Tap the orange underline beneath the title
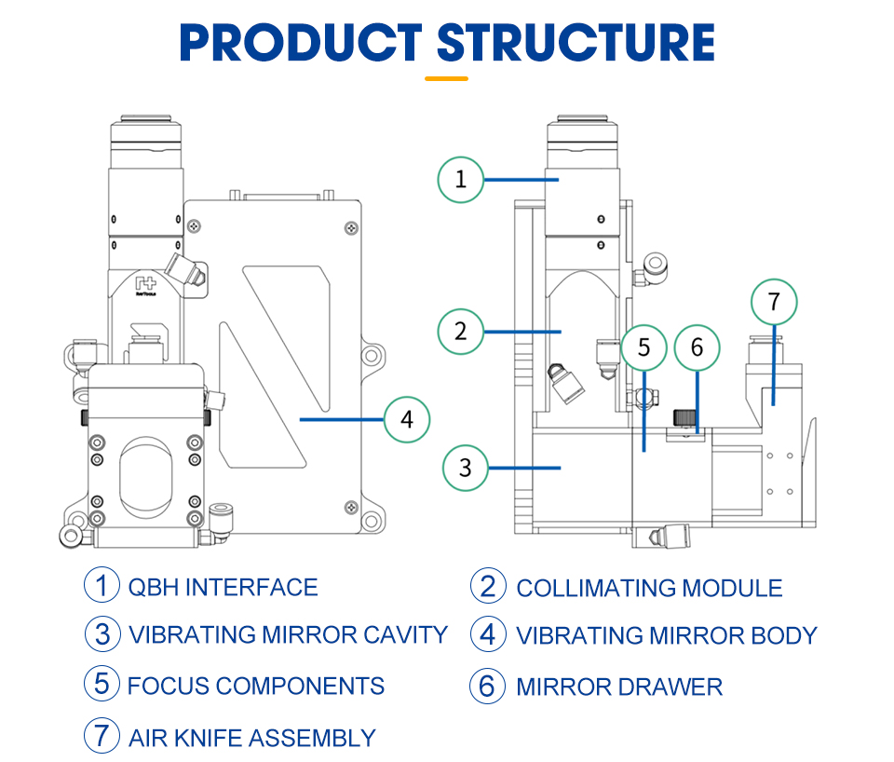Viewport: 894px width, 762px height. pos(446,79)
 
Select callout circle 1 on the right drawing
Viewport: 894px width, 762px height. pos(461,179)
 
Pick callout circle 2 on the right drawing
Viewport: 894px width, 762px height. pos(461,331)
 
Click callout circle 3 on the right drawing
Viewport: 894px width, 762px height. pos(466,469)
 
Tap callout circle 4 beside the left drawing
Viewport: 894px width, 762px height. pos(406,419)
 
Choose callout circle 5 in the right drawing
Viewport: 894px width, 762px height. pos(644,348)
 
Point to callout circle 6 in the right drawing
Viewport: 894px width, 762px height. pos(698,348)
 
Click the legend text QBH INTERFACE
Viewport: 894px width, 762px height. pos(223,587)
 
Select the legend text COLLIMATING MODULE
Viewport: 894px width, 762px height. pos(649,588)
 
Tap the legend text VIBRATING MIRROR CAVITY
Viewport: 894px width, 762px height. pos(288,634)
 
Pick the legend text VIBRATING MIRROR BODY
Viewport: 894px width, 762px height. pos(666,635)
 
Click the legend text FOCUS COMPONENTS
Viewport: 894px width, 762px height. pos(255,687)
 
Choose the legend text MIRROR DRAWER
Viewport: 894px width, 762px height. pos(619,687)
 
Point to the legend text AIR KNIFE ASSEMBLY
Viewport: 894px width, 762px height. pos(251,739)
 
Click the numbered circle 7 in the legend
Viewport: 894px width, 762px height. pos(102,737)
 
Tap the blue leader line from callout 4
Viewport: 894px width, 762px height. pos(341,419)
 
